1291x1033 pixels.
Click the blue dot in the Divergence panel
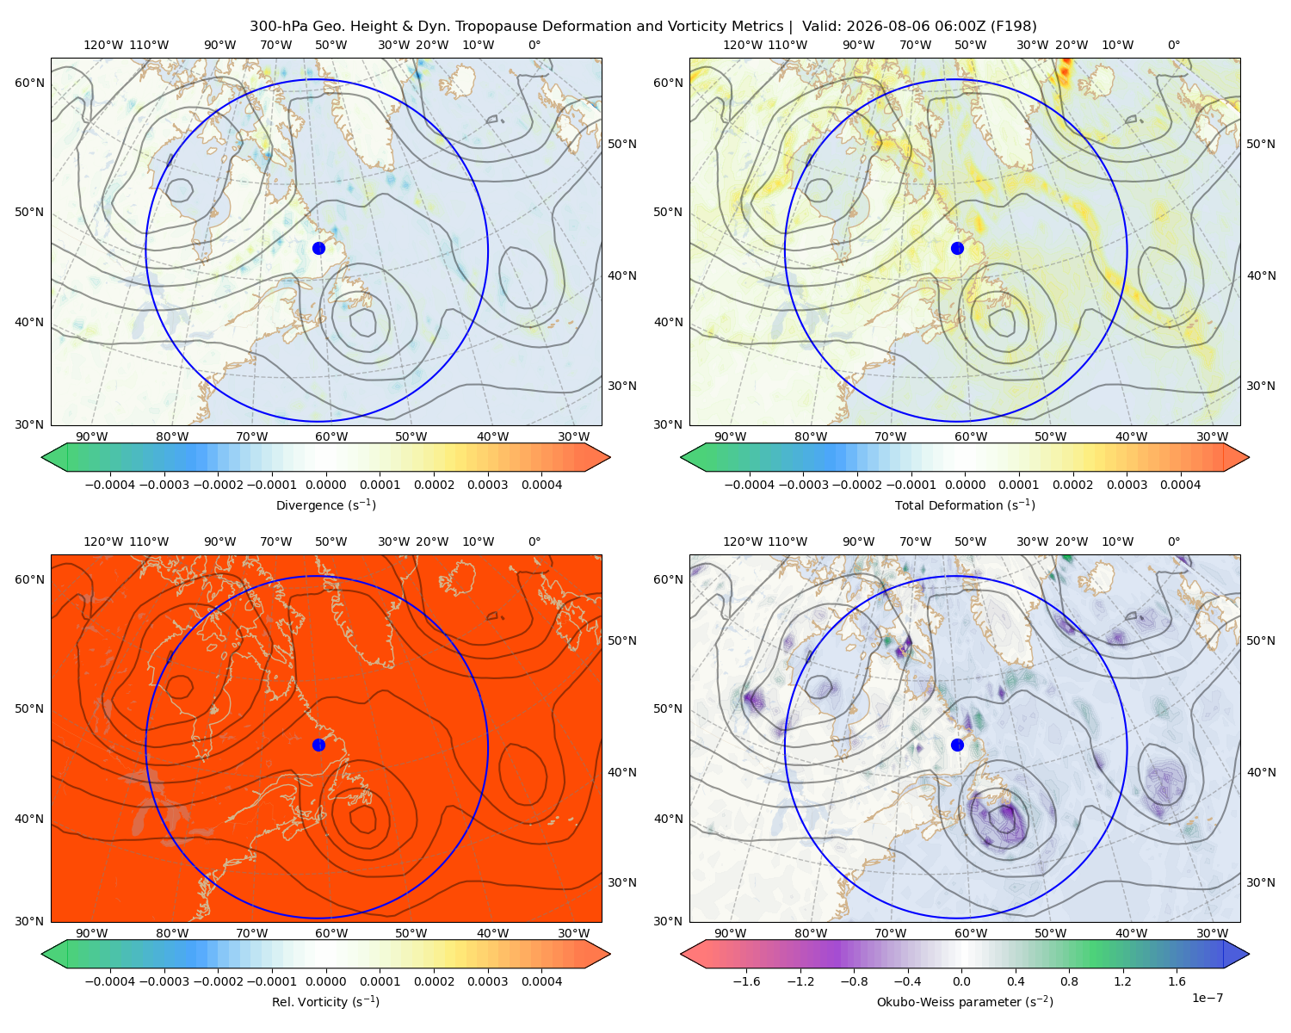(318, 248)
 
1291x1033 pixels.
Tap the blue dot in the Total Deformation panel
(957, 248)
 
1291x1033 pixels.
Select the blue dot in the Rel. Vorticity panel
(318, 745)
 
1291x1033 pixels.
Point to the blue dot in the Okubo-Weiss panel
(957, 745)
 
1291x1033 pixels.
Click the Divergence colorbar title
(325, 504)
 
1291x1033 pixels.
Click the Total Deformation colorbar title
(965, 504)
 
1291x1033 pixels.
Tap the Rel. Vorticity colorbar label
(325, 1001)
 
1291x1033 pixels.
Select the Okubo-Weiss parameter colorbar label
(965, 1001)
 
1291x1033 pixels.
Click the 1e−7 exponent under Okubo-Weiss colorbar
(1207, 998)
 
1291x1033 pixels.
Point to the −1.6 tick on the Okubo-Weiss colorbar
(746, 980)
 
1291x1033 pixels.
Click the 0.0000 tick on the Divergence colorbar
(325, 485)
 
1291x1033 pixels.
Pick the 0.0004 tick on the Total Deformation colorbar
(1180, 485)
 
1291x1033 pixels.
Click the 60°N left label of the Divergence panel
(29, 83)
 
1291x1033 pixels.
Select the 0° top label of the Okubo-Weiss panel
(1173, 541)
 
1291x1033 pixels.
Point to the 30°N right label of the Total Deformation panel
(1260, 386)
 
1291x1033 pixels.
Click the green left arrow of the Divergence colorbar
(54, 457)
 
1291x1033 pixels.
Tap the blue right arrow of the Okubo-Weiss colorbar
(1237, 954)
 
